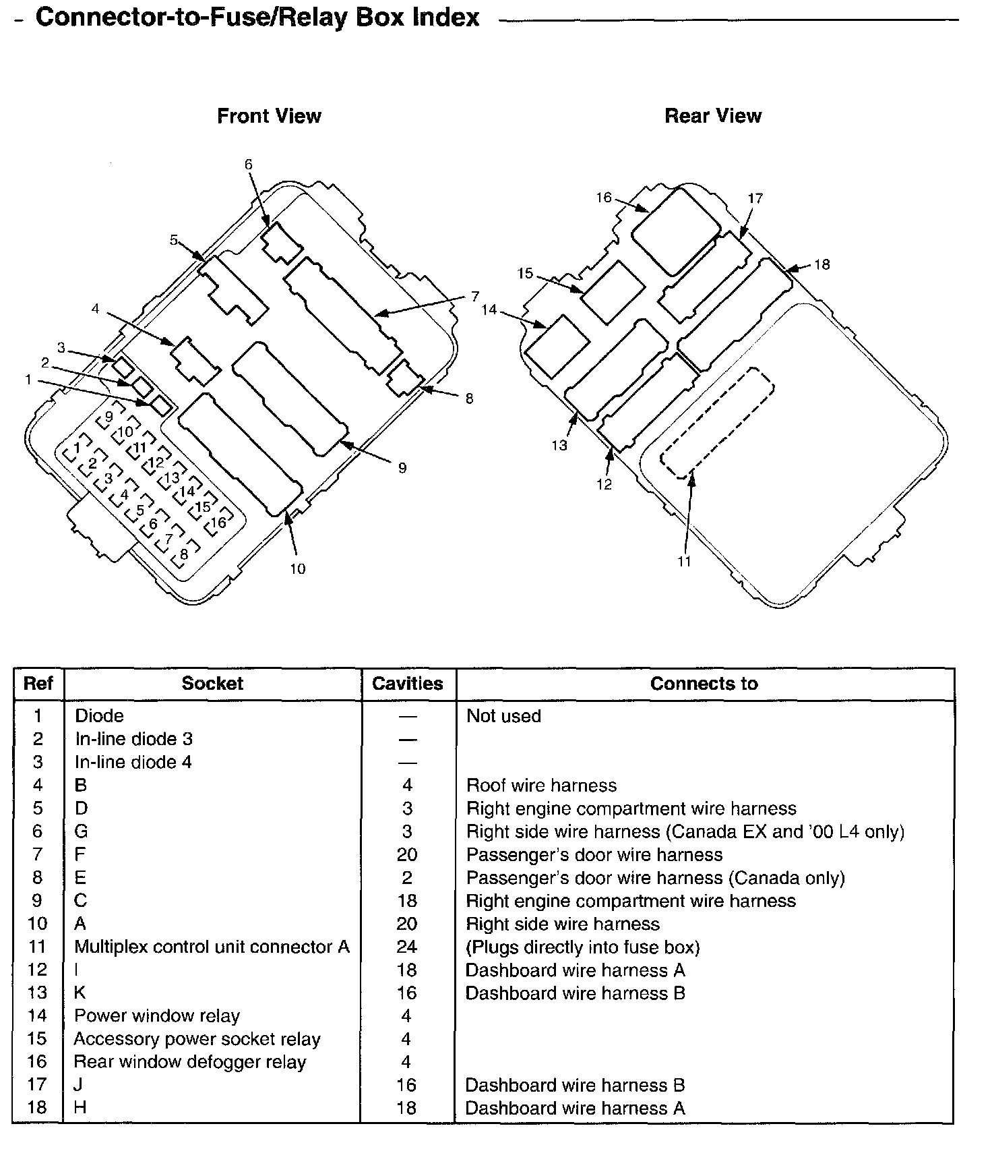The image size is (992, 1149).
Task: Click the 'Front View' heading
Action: pyautogui.click(x=269, y=116)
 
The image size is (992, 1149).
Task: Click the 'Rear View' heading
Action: pyautogui.click(x=713, y=116)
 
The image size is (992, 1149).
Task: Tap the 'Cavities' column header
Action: pyautogui.click(x=407, y=684)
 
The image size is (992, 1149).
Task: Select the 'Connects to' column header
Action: pyautogui.click(x=704, y=684)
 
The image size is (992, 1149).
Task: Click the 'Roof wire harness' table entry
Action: pyautogui.click(x=541, y=786)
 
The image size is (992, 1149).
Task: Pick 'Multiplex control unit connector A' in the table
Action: pyautogui.click(x=212, y=947)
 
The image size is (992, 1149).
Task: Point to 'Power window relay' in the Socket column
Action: pyautogui.click(x=157, y=1015)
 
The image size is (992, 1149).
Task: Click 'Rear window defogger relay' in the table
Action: pyautogui.click(x=190, y=1062)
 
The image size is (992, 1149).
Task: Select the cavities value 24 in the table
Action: pyautogui.click(x=407, y=947)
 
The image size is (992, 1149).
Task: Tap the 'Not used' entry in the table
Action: pyautogui.click(x=503, y=716)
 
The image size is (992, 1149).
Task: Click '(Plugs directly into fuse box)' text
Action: pyautogui.click(x=583, y=947)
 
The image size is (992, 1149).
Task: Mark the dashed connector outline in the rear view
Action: pyautogui.click(x=717, y=423)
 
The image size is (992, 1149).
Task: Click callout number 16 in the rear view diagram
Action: pyautogui.click(x=603, y=198)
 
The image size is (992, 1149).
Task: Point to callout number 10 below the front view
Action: pyautogui.click(x=297, y=569)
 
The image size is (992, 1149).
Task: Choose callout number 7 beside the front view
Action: pyautogui.click(x=475, y=296)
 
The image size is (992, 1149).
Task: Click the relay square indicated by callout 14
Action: pyautogui.click(x=557, y=346)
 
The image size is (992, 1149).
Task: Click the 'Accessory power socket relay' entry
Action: pyautogui.click(x=197, y=1039)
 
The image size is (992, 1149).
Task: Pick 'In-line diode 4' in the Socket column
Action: pyautogui.click(x=133, y=763)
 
